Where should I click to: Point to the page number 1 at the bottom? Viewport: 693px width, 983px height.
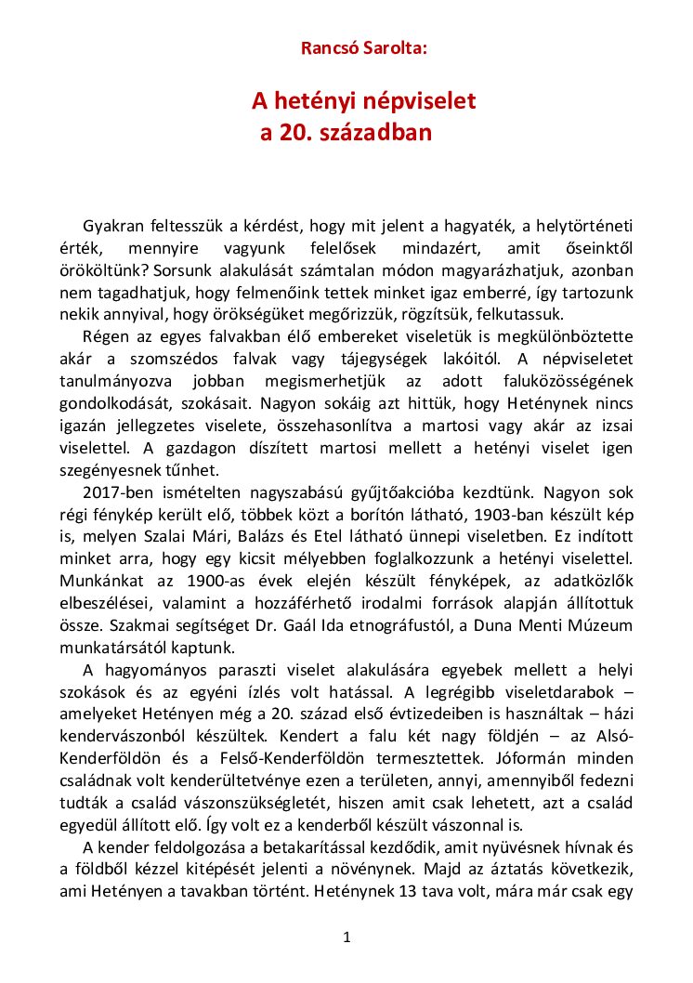pos(346,937)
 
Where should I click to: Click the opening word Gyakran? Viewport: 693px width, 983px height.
pos(113,226)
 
